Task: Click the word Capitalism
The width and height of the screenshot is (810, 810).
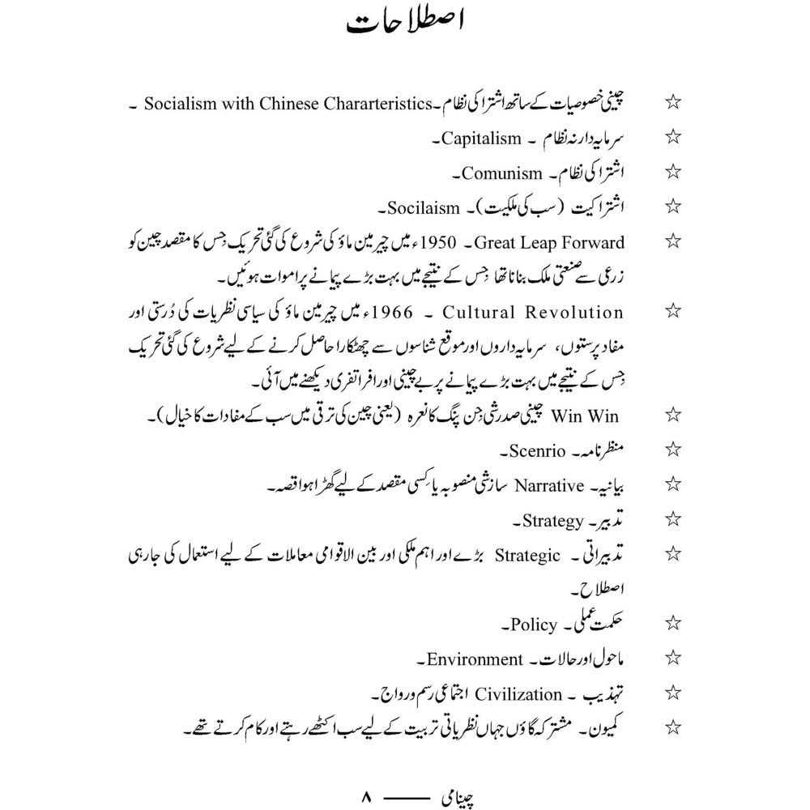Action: click(x=481, y=139)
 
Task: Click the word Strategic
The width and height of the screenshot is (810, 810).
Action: click(x=527, y=555)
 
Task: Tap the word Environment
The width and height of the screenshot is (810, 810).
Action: click(x=475, y=659)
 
